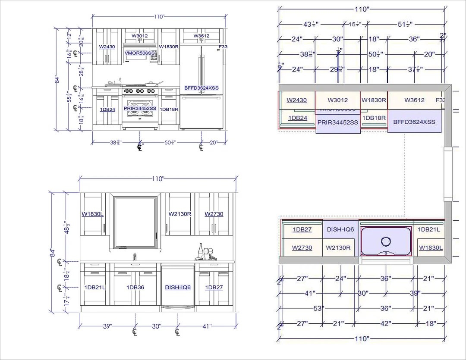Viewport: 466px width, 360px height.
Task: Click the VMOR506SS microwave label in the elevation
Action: point(139,53)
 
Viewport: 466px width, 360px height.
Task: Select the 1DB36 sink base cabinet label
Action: point(135,287)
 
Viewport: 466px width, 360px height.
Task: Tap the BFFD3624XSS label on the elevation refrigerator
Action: point(201,88)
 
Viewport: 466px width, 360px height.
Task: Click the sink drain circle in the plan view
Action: point(386,241)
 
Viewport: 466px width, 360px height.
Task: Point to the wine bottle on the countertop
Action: point(201,251)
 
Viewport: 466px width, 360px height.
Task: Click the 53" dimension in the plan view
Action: point(319,308)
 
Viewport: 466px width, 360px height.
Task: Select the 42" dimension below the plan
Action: point(386,323)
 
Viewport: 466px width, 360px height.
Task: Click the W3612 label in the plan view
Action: point(414,100)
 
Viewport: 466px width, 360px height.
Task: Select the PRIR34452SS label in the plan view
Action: point(338,122)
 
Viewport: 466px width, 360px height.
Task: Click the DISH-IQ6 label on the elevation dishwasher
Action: point(178,287)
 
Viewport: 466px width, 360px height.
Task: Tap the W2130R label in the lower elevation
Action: point(180,214)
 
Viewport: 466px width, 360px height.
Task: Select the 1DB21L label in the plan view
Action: point(429,229)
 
